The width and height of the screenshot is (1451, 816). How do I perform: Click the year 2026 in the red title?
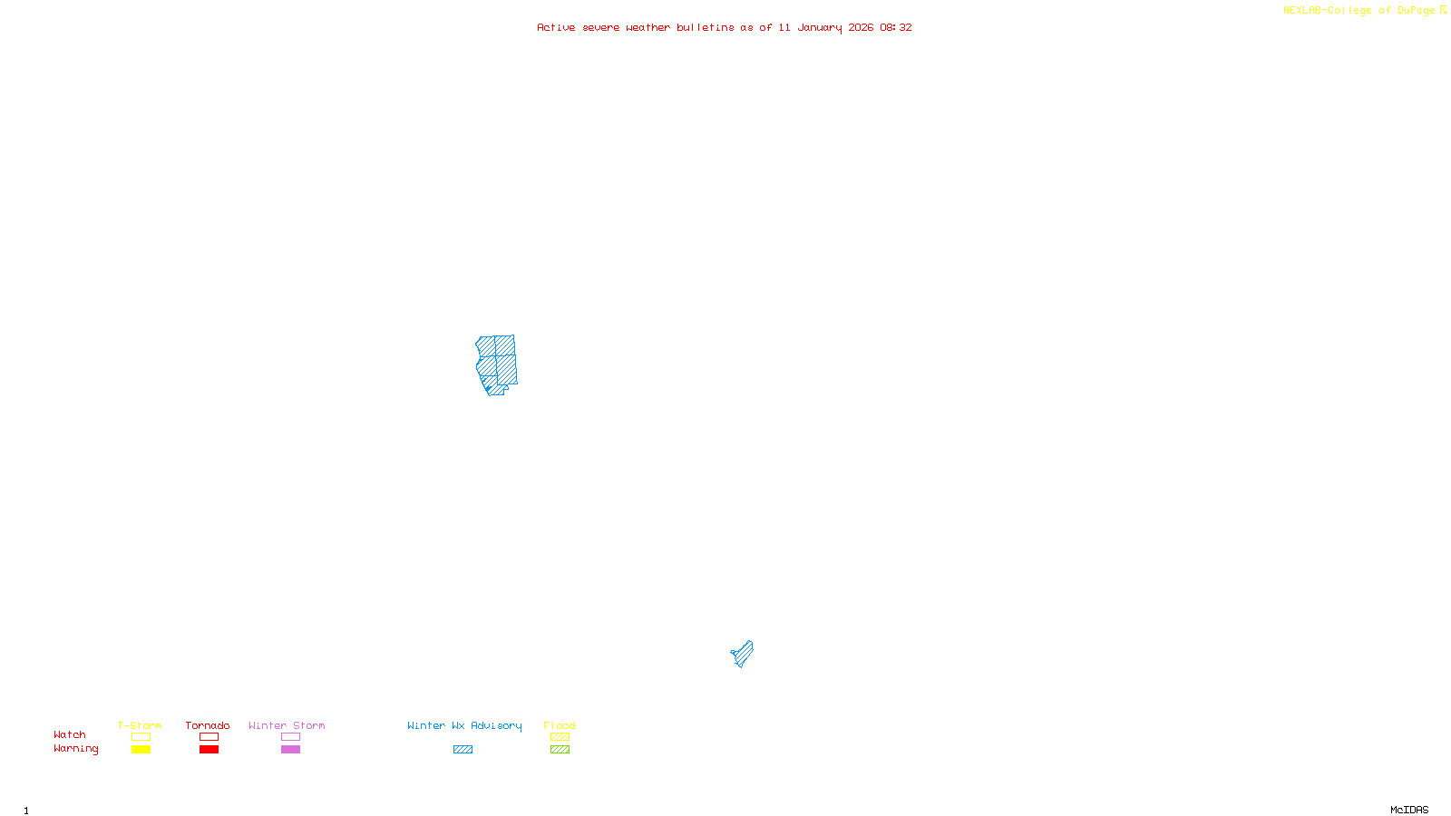861,27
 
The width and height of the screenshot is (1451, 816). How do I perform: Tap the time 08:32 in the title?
896,27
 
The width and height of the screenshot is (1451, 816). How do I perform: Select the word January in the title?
819,27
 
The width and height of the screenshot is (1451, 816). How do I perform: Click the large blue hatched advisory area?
497,363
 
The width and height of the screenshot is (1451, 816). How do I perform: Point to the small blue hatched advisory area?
743,654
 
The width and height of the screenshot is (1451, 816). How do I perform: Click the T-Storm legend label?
140,725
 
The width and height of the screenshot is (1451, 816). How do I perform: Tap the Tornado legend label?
208,725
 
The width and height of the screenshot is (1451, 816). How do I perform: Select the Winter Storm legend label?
287,725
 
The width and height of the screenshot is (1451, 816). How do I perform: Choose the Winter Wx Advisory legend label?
464,725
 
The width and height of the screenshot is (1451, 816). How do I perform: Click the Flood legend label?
560,725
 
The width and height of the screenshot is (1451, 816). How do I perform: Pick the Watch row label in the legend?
70,734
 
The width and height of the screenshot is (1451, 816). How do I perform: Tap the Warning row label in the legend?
75,749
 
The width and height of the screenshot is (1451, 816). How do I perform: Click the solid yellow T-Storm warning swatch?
141,750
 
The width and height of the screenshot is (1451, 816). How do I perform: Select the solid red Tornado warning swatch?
209,750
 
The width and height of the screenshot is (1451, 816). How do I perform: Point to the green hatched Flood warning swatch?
560,750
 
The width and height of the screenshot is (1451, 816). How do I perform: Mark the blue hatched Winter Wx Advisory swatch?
463,750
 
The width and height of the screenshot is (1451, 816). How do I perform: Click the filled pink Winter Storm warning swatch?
290,750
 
